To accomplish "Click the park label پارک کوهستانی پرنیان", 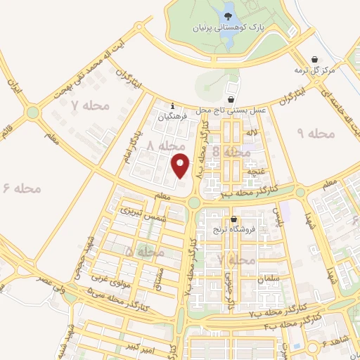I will point(229,27).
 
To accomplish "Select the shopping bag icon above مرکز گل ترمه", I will point(314,58).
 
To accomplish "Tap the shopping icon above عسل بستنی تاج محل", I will point(232,99).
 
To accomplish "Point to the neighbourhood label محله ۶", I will point(22,188).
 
